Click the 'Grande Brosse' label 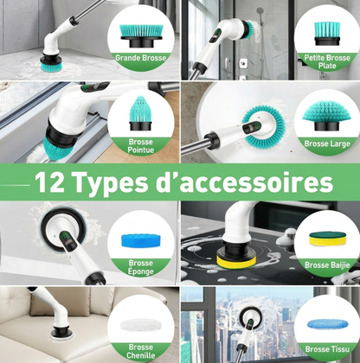click(x=141, y=58)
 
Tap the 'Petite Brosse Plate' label click(x=327, y=61)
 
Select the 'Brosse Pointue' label click(x=141, y=146)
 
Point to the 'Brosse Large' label click(x=327, y=143)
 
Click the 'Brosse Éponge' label click(x=141, y=267)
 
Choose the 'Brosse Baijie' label click(x=327, y=264)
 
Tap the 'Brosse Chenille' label click(x=141, y=351)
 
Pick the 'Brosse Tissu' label click(x=327, y=349)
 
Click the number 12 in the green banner click(x=49, y=182)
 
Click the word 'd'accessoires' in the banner click(x=244, y=181)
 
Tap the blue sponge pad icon click(x=141, y=240)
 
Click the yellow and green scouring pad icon click(x=327, y=239)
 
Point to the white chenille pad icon click(x=141, y=325)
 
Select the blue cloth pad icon click(x=327, y=324)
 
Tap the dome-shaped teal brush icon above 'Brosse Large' click(x=327, y=116)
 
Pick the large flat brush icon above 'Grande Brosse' click(x=141, y=36)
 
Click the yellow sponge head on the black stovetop click(x=236, y=262)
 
